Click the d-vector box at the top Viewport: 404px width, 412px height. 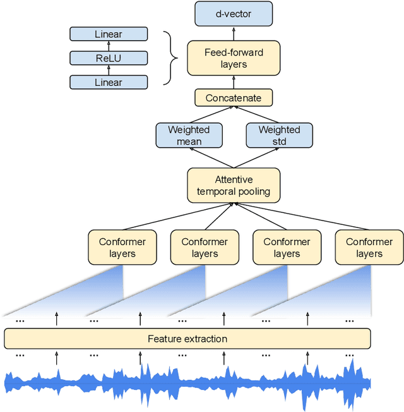pos(234,13)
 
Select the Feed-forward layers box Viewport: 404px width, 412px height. pos(234,58)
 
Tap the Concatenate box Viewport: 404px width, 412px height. pos(234,98)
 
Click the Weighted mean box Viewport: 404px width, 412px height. pos(189,135)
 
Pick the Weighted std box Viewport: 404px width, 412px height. pos(279,135)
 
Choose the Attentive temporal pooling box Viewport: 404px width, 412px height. pos(234,185)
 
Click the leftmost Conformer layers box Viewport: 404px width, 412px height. pos(122,247)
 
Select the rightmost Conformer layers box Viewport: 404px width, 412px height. pos(369,247)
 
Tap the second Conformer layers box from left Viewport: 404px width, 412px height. pos(205,247)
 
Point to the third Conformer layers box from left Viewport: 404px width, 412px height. pos(287,247)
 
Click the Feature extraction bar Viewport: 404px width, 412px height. pos(187,339)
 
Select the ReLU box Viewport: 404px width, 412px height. pos(109,58)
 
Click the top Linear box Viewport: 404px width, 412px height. pos(109,34)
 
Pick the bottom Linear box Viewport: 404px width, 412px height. pos(109,82)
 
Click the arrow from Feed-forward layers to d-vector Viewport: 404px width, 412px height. pos(234,33)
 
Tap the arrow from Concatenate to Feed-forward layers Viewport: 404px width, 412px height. pos(234,82)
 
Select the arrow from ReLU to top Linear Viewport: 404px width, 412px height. pos(109,46)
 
